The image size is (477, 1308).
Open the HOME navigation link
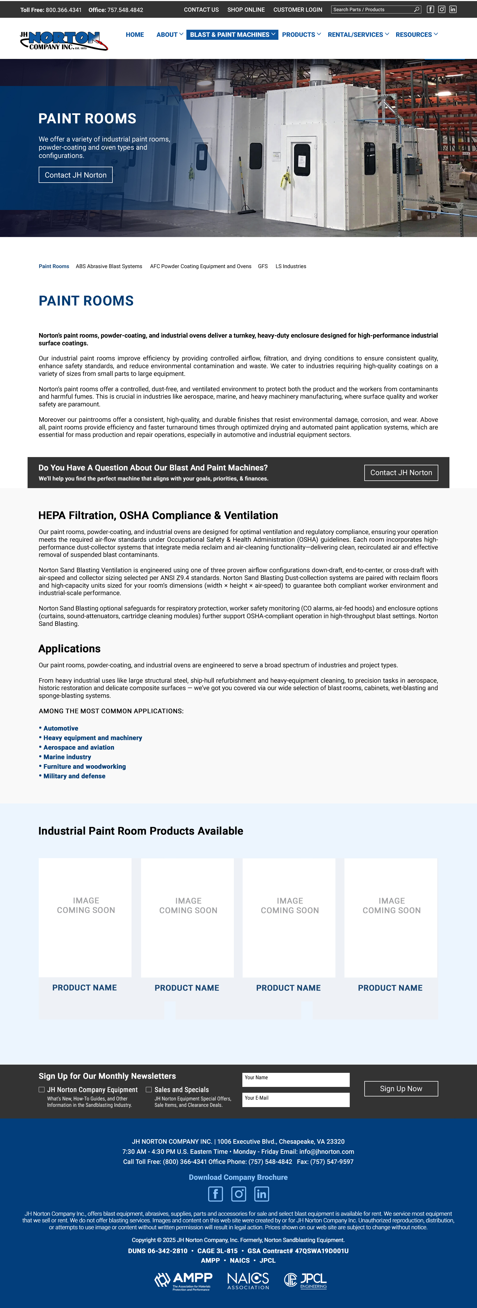[134, 35]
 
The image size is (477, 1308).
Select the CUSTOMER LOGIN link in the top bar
[297, 10]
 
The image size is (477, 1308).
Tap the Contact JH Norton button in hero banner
[76, 175]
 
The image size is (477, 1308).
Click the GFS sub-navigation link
[262, 266]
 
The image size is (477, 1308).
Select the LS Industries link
[291, 266]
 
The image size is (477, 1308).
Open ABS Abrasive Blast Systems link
[109, 266]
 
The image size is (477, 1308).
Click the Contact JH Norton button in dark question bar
[401, 472]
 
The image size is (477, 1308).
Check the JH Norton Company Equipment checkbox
[42, 1089]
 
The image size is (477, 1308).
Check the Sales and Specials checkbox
[149, 1089]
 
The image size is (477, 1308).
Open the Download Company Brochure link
[238, 1177]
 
